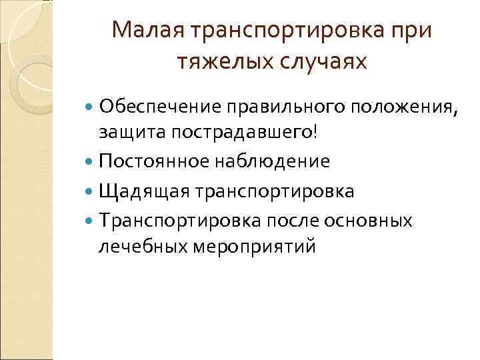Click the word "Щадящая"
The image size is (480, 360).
[x=135, y=191]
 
